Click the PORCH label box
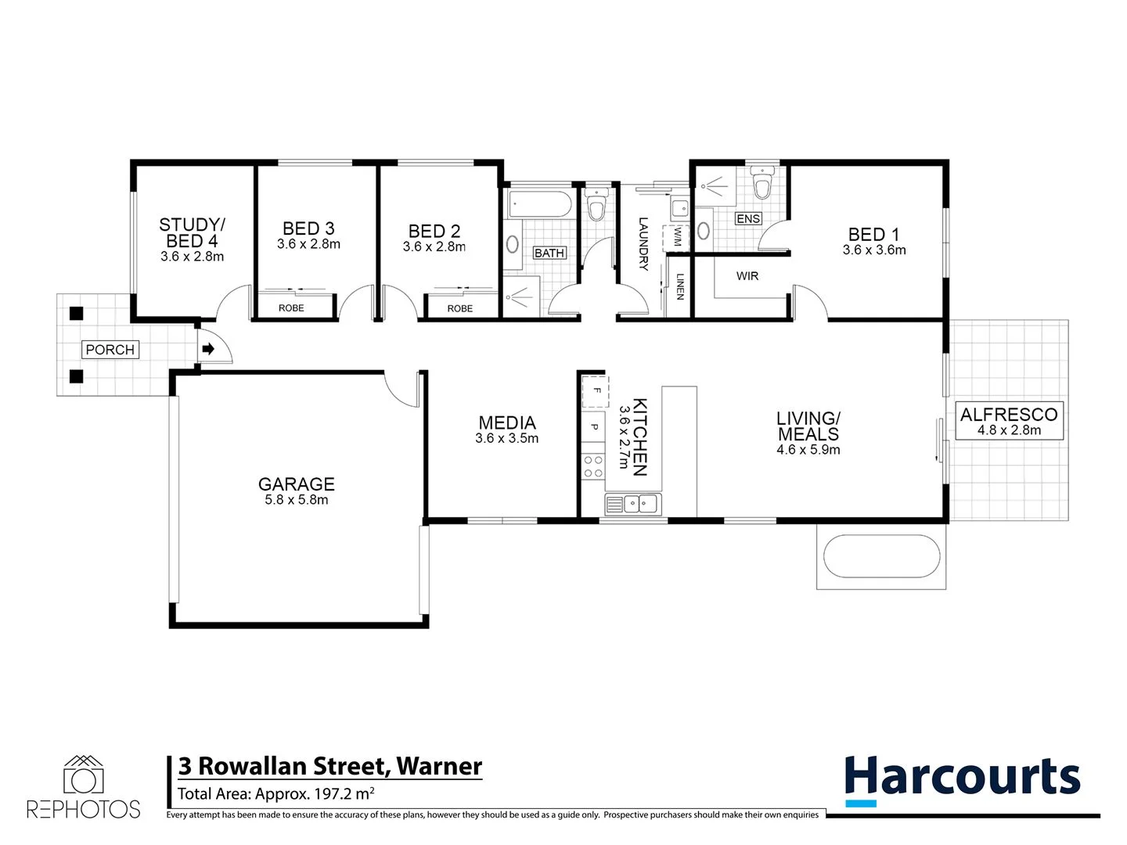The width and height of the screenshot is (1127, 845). [x=110, y=350]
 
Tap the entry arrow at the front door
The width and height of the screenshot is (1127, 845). [x=208, y=349]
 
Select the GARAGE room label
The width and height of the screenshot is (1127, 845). [x=297, y=484]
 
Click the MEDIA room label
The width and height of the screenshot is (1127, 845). [x=507, y=423]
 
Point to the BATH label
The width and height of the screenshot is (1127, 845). [x=549, y=253]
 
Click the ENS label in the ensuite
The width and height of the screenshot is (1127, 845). [x=748, y=219]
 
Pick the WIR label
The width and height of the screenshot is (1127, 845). [x=747, y=276]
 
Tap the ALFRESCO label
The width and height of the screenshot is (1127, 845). [x=1009, y=415]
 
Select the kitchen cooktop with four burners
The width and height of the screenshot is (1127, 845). [x=593, y=467]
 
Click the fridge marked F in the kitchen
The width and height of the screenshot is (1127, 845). [x=595, y=390]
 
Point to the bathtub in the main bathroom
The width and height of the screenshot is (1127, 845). [x=541, y=205]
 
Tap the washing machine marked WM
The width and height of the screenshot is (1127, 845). [x=675, y=237]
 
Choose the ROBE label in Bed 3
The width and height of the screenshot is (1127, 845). [x=291, y=308]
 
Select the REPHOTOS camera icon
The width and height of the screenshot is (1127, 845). [x=84, y=776]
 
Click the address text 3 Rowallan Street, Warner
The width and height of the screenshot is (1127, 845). [x=330, y=766]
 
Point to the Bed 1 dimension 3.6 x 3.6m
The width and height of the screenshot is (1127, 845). [x=874, y=250]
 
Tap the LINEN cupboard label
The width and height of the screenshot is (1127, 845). [x=680, y=286]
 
